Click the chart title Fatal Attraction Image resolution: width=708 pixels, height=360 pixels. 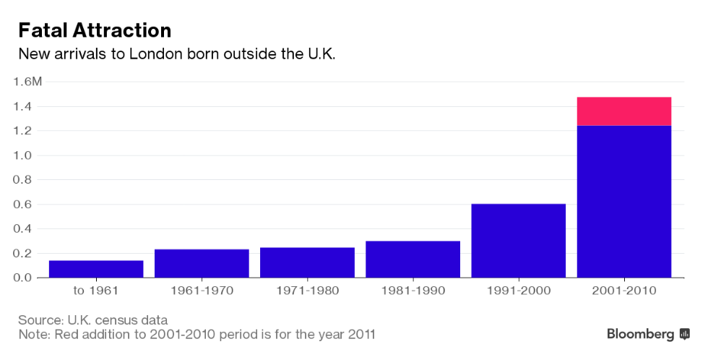click(95, 30)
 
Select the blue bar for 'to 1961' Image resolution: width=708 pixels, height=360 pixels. click(96, 269)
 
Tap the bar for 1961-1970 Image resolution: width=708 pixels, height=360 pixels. click(202, 263)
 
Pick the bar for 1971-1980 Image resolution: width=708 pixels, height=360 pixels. click(307, 262)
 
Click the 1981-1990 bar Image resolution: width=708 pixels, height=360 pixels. click(413, 259)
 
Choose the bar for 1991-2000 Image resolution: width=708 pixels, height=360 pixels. click(518, 241)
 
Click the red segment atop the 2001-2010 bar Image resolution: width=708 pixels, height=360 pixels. click(624, 111)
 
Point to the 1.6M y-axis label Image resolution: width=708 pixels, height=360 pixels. click(28, 82)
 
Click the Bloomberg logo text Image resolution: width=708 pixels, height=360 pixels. click(640, 334)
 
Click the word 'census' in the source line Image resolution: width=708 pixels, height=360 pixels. click(119, 320)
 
